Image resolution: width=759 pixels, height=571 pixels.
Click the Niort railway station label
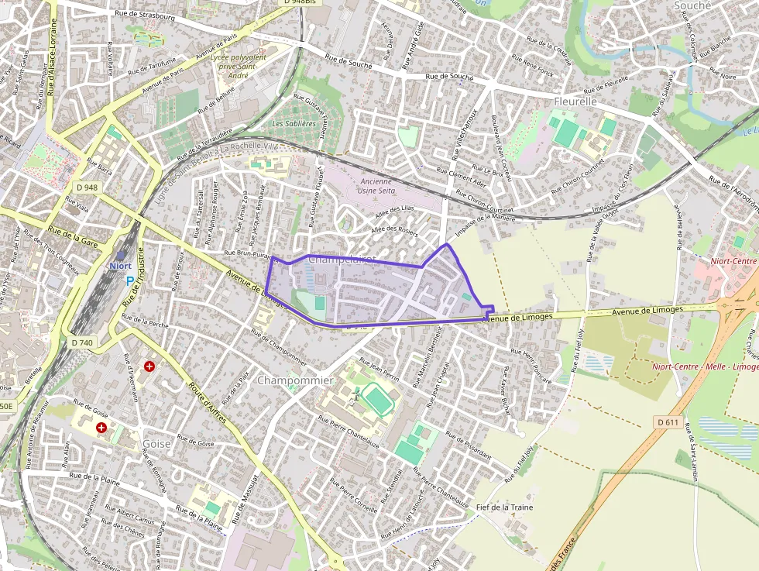[x=120, y=266]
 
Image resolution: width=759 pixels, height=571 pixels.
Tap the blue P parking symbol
[x=129, y=281]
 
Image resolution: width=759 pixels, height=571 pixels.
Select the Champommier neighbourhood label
[x=294, y=380]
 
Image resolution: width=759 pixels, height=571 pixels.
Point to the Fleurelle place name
[x=575, y=101]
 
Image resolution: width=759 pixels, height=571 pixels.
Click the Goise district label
[x=157, y=444]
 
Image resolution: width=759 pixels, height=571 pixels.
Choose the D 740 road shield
[x=81, y=342]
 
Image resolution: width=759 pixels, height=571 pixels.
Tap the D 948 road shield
[x=88, y=187]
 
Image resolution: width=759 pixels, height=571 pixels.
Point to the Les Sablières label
[x=294, y=123]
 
